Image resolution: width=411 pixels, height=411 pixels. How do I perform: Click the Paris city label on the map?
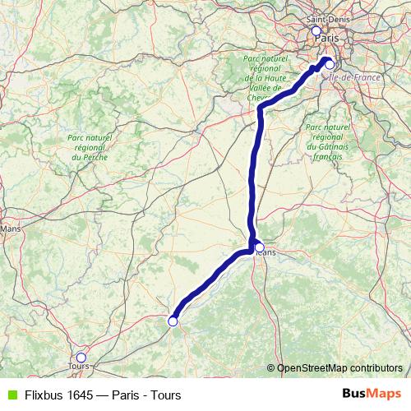click(x=326, y=38)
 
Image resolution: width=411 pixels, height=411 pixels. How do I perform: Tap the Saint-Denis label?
click(x=326, y=18)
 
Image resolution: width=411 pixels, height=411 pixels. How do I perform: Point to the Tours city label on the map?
click(x=80, y=367)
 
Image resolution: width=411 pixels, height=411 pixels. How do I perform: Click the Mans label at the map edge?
click(x=10, y=229)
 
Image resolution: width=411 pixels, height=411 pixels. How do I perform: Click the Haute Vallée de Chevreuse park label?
click(x=265, y=77)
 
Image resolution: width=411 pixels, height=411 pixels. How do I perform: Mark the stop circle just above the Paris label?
click(x=316, y=30)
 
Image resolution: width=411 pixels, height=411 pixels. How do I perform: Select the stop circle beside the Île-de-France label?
click(x=329, y=63)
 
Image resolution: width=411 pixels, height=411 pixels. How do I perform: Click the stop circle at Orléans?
click(x=259, y=247)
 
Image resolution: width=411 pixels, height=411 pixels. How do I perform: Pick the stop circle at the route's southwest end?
click(x=173, y=321)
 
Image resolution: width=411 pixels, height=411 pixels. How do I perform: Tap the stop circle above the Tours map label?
click(x=81, y=357)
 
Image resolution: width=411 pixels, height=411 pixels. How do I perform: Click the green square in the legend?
click(x=11, y=395)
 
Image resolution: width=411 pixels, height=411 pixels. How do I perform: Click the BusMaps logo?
click(x=372, y=395)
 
